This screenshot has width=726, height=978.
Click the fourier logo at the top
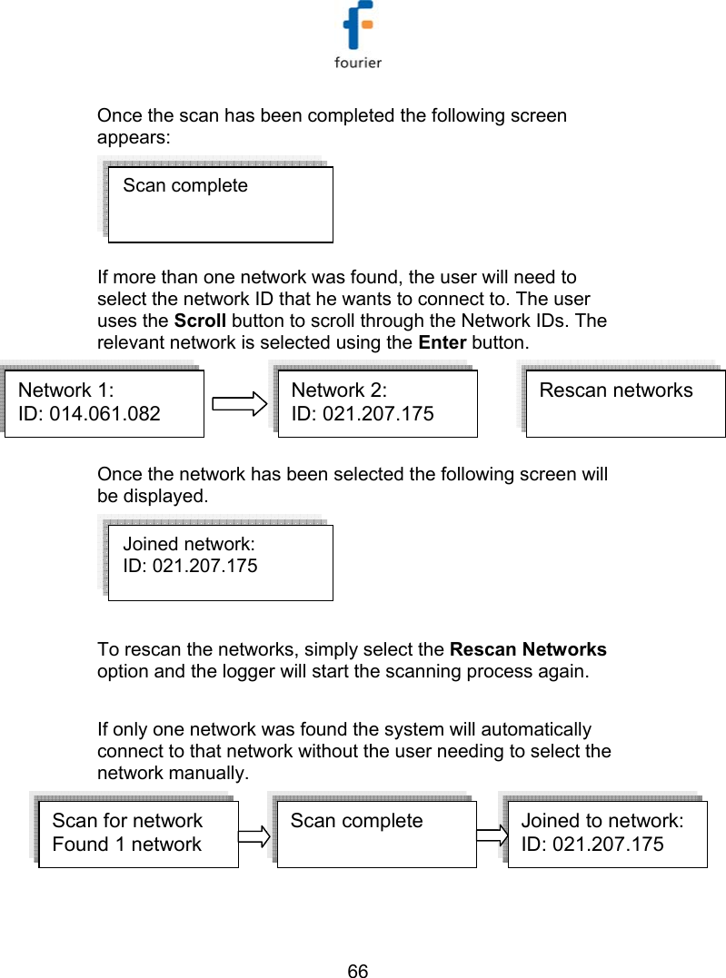pyautogui.click(x=360, y=36)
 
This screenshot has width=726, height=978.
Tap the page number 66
pyautogui.click(x=358, y=971)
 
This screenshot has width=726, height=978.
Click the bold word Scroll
pyautogui.click(x=200, y=321)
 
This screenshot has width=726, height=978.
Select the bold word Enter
pyautogui.click(x=443, y=342)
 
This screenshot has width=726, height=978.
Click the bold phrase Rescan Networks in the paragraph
pyautogui.click(x=528, y=650)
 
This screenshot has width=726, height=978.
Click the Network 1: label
pyautogui.click(x=66, y=391)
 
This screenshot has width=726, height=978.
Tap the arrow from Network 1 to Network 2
pyautogui.click(x=239, y=404)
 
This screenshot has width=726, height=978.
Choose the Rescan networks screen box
pyautogui.click(x=625, y=403)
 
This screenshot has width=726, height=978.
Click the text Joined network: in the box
pyautogui.click(x=188, y=544)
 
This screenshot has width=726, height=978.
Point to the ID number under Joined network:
pyautogui.click(x=189, y=567)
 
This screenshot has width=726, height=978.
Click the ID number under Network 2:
pyautogui.click(x=362, y=414)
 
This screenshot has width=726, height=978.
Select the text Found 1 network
pyautogui.click(x=127, y=845)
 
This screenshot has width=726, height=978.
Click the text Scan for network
pyautogui.click(x=127, y=821)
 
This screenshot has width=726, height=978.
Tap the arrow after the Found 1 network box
pyautogui.click(x=257, y=835)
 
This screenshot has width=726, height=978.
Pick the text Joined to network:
pyautogui.click(x=602, y=821)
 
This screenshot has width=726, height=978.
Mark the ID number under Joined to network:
pyautogui.click(x=592, y=845)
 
